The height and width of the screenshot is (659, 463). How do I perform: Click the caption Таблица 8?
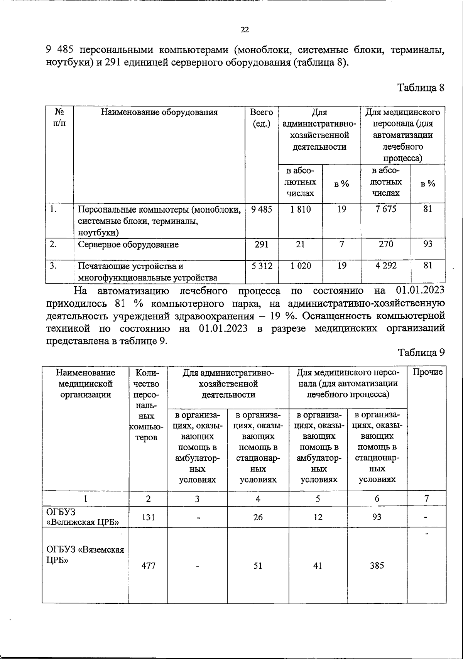tap(421, 88)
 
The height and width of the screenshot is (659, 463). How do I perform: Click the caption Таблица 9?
tap(422, 352)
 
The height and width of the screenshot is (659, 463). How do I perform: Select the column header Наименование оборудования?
tap(159, 112)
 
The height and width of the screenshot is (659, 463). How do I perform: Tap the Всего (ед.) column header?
tap(261, 118)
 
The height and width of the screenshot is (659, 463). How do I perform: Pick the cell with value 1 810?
tap(300, 210)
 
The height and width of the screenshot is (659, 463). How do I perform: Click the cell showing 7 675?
tap(386, 210)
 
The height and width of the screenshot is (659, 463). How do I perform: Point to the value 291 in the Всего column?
tap(261, 244)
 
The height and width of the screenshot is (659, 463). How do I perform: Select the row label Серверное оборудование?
tap(128, 245)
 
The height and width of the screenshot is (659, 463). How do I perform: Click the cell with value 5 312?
tap(261, 266)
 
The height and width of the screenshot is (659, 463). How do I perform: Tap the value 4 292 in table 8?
tap(386, 266)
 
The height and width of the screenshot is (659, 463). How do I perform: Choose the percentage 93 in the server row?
tap(428, 244)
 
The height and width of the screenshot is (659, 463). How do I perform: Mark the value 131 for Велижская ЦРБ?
tap(148, 517)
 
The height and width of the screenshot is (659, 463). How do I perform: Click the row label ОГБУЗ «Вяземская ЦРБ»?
tap(85, 555)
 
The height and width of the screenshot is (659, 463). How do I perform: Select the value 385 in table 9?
tap(377, 566)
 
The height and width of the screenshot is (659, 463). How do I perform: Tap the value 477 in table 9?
tap(148, 566)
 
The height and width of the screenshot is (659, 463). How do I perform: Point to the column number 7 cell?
tap(426, 498)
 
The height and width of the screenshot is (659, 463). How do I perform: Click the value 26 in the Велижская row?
tap(258, 517)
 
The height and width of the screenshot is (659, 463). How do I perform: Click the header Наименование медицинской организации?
tap(85, 384)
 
